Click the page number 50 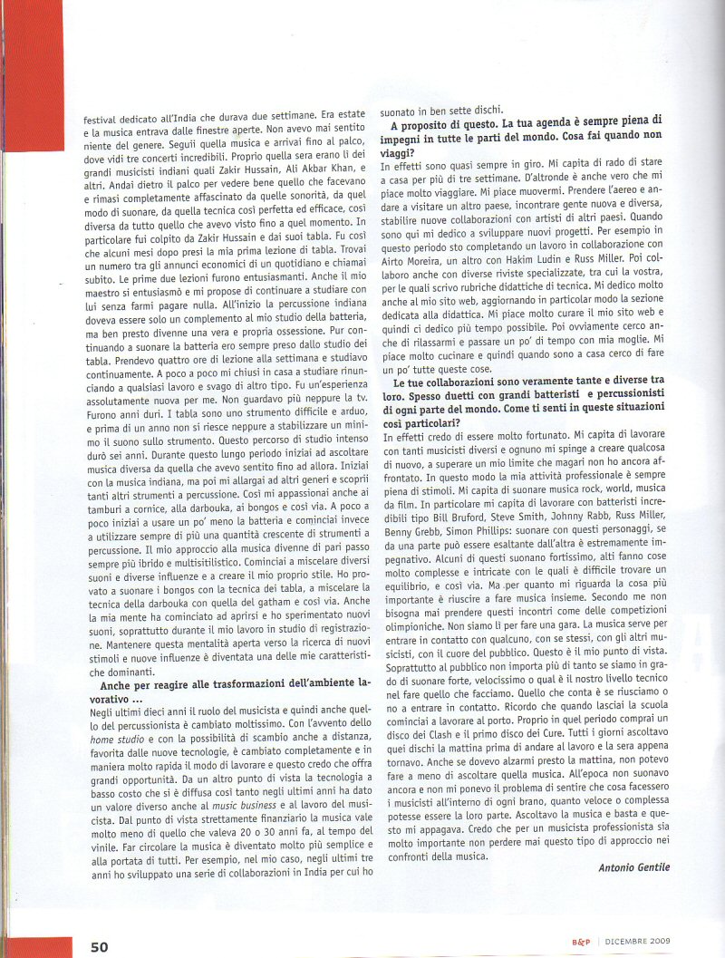click(x=99, y=946)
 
